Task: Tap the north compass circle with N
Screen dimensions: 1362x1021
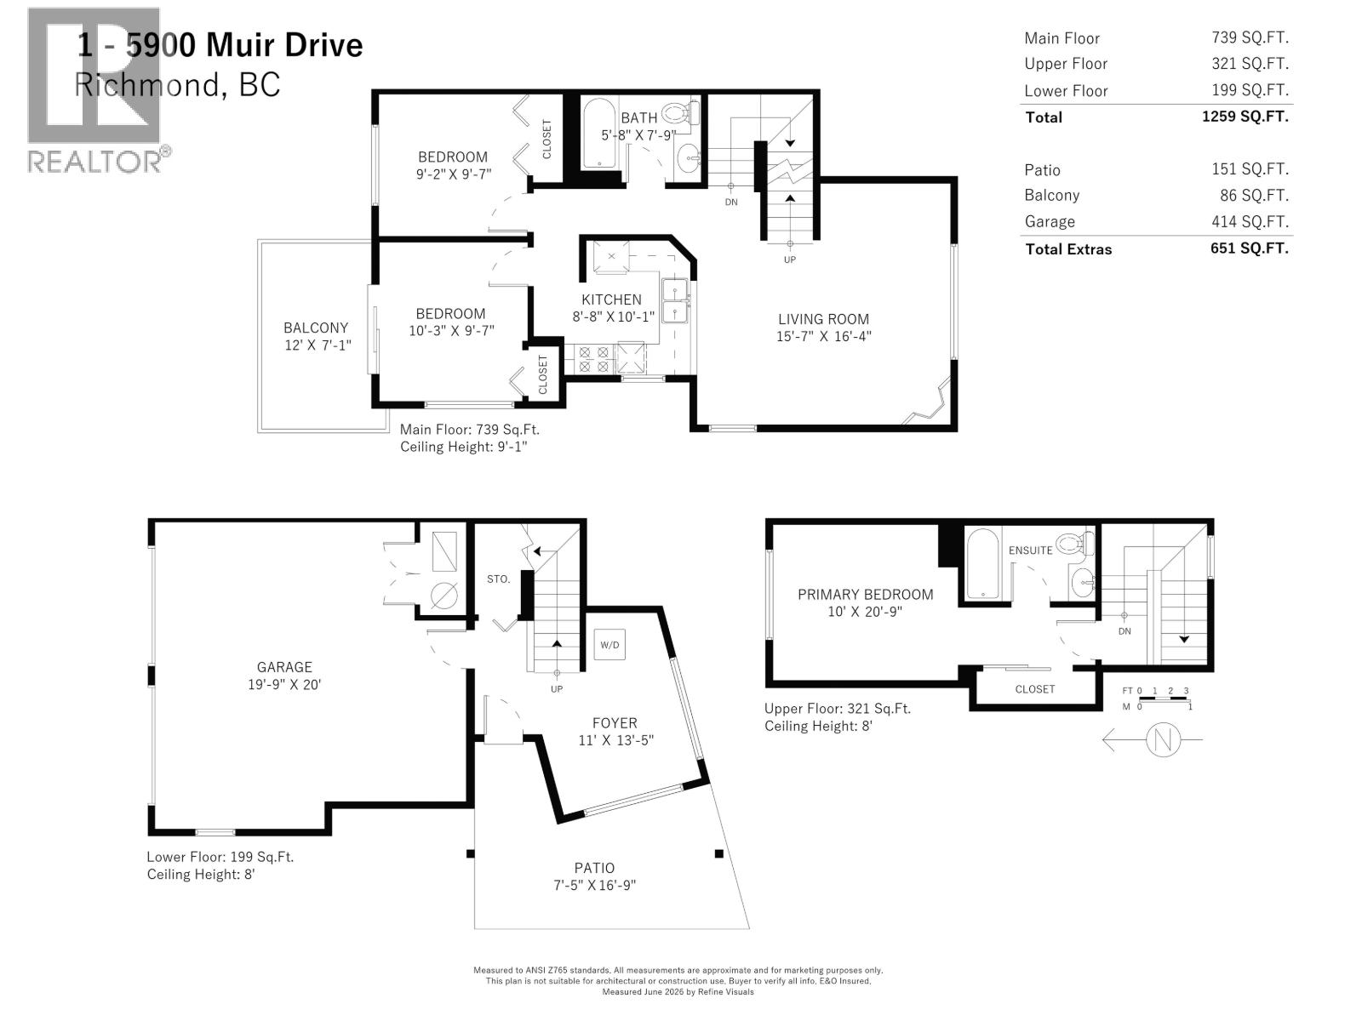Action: [1163, 739]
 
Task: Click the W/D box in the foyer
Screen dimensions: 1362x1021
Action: [609, 645]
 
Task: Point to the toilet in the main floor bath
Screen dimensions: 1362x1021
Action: [681, 113]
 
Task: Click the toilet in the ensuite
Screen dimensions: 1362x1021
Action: [1075, 544]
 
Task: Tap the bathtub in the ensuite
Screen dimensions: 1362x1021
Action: [981, 563]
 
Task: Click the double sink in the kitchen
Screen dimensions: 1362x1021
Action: [674, 300]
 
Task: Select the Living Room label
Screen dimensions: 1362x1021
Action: [823, 319]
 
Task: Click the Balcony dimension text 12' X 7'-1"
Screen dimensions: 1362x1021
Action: [318, 345]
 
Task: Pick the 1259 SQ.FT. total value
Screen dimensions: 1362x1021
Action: [1245, 117]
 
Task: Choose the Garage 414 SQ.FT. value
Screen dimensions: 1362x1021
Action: [1250, 221]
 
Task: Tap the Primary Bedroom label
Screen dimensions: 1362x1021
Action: [865, 595]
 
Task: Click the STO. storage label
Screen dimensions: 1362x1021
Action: [498, 579]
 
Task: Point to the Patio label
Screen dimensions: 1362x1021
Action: [594, 869]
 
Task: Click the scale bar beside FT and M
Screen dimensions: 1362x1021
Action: [1164, 699]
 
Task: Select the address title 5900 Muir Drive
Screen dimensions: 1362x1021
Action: [244, 45]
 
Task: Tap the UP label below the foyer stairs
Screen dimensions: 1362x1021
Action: [557, 689]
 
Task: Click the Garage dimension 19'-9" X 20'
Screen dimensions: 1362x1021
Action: [284, 684]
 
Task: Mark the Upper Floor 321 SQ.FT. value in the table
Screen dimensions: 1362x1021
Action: [1250, 63]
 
